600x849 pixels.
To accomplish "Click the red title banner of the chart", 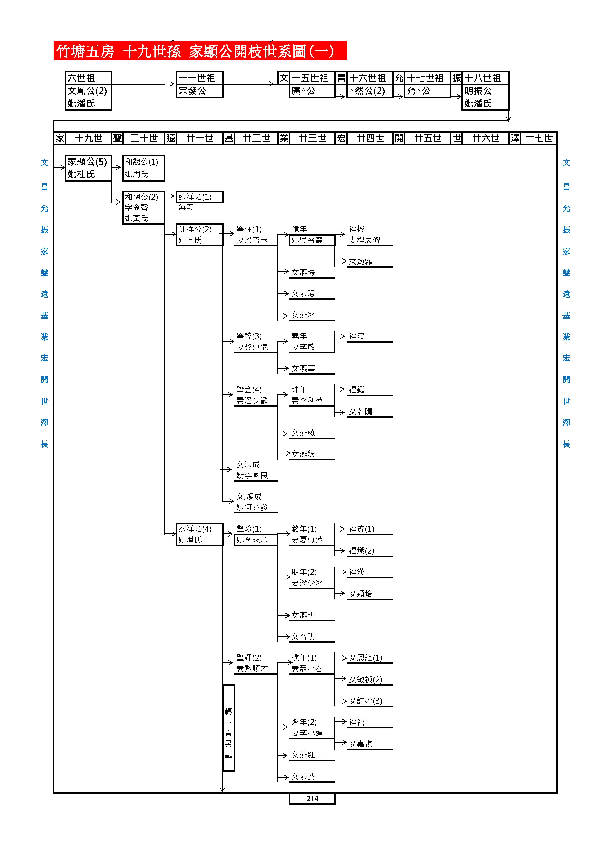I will pos(200,51).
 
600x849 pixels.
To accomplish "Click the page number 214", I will pos(312,798).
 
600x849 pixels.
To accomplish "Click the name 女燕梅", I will pos(303,272).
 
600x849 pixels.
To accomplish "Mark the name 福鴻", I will pos(357,336).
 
